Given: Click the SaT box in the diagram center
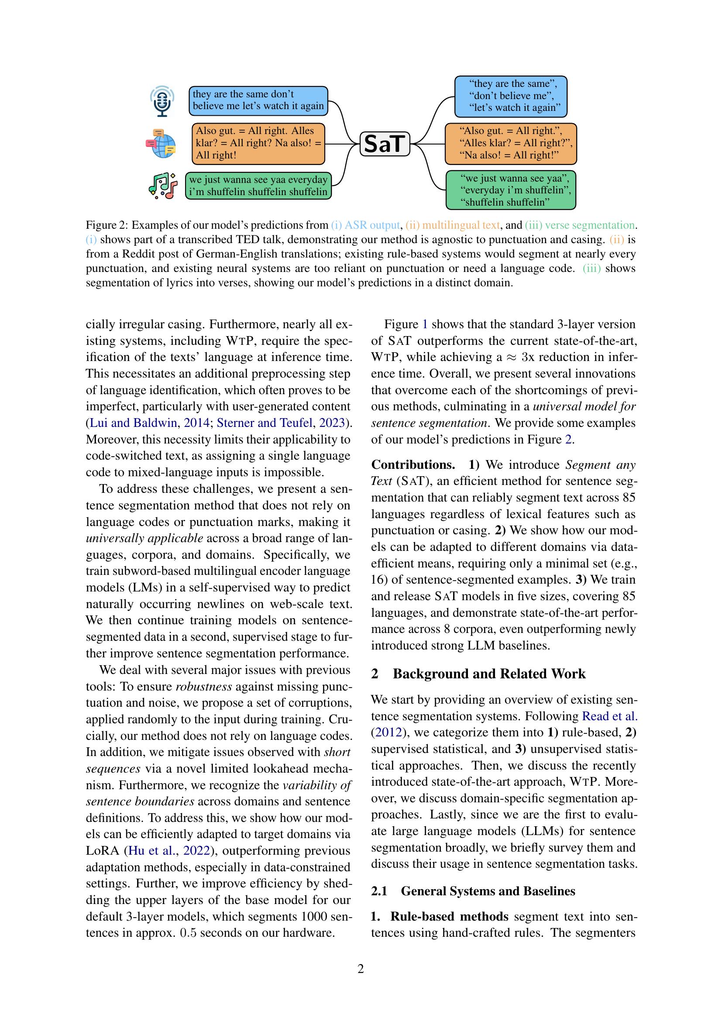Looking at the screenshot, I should pyautogui.click(x=384, y=144).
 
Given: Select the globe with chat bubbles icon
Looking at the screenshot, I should pyautogui.click(x=161, y=144).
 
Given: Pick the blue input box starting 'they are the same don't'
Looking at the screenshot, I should pyautogui.click(x=258, y=100).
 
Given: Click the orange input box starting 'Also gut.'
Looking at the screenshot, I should pyautogui.click(x=258, y=143).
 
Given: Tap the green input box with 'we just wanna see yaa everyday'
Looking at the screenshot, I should pyautogui.click(x=258, y=186).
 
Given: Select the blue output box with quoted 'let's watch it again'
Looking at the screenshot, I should pyautogui.click(x=510, y=96).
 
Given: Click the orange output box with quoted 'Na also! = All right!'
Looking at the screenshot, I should pyautogui.click(x=510, y=143).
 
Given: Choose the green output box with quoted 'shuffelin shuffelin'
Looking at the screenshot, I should pyautogui.click(x=510, y=190).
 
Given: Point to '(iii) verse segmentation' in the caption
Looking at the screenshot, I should pyautogui.click(x=580, y=225).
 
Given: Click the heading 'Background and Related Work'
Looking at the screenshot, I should pyautogui.click(x=489, y=674).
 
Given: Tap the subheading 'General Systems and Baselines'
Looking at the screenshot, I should pyautogui.click(x=488, y=891).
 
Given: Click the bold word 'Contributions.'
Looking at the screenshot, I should pyautogui.click(x=413, y=464).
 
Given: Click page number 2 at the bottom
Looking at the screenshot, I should pyautogui.click(x=361, y=969).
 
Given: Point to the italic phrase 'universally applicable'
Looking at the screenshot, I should pyautogui.click(x=144, y=538).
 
